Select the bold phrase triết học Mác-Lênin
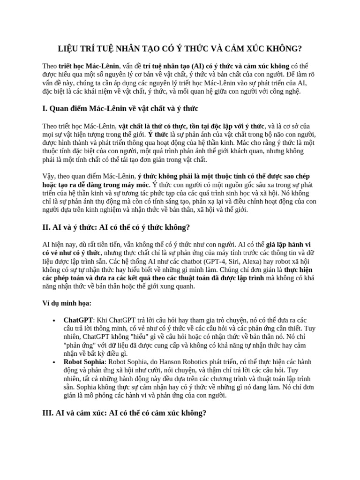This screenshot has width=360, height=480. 89,66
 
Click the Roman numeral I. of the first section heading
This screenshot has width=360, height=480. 45,109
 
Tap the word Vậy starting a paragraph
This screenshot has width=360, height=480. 49,176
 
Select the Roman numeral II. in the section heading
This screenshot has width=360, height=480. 46,227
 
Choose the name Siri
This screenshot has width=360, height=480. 232,262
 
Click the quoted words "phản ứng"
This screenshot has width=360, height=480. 79,345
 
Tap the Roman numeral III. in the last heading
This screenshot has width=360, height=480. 48,413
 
